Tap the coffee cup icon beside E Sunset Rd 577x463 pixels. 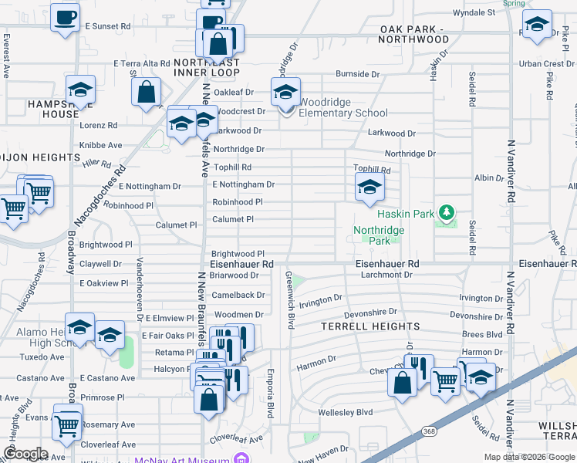[x=65, y=16]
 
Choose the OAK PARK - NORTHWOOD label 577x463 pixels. [x=414, y=34]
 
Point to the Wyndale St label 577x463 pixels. [x=474, y=12]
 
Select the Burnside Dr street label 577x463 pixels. [x=357, y=74]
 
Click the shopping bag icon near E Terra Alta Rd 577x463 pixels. [x=146, y=93]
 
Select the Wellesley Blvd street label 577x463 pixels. [x=345, y=412]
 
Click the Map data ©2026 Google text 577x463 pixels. [x=529, y=457]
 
